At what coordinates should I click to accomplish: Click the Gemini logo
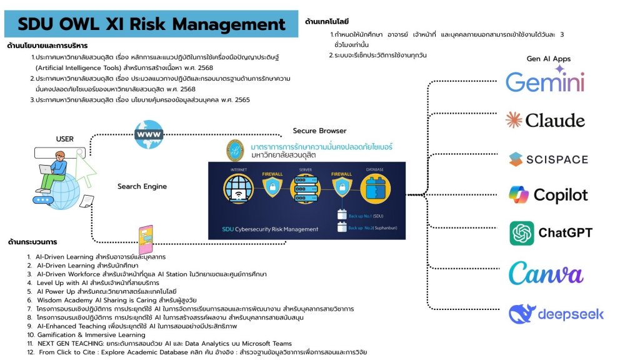[x=545, y=82]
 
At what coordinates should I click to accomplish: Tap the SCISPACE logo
[x=548, y=159]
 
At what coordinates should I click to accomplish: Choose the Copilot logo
[x=548, y=195]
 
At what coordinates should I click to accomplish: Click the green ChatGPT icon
[x=521, y=233]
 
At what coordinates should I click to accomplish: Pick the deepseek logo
[x=556, y=313]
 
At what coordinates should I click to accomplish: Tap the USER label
[x=65, y=139]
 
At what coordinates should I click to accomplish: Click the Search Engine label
[x=142, y=186]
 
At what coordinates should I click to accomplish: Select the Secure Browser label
[x=319, y=131]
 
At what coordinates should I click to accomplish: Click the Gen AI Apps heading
[x=549, y=59]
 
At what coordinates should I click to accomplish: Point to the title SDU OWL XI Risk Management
[x=151, y=24]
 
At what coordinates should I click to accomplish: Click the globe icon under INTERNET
[x=238, y=188]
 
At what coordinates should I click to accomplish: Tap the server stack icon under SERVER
[x=307, y=188]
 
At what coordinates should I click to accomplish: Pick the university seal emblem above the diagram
[x=234, y=151]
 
